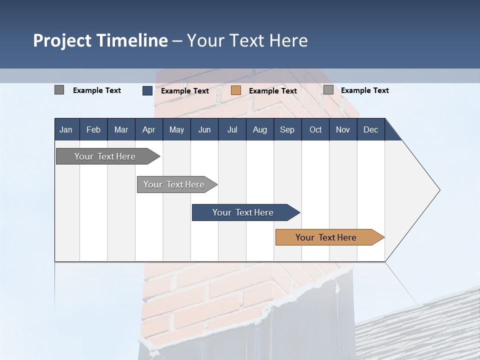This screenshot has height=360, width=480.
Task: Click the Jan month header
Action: tap(66, 129)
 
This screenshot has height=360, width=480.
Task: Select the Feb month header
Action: tap(93, 129)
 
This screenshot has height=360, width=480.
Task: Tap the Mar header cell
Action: tap(121, 129)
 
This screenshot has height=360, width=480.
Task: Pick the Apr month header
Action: tap(149, 129)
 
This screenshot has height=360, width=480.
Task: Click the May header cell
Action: tap(176, 129)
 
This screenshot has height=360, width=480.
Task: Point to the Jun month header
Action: tap(204, 129)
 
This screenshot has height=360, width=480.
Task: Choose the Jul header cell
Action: tap(232, 129)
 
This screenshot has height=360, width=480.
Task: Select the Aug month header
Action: tap(260, 129)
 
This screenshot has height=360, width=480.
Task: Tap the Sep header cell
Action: tap(287, 129)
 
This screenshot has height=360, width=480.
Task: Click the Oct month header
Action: tap(315, 129)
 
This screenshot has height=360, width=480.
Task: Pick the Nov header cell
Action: tap(343, 129)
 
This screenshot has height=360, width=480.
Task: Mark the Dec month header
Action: tap(371, 129)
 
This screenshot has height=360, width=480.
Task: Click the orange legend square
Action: tap(236, 90)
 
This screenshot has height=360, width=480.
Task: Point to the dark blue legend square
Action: tap(147, 90)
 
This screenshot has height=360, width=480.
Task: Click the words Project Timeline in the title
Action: tap(100, 40)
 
